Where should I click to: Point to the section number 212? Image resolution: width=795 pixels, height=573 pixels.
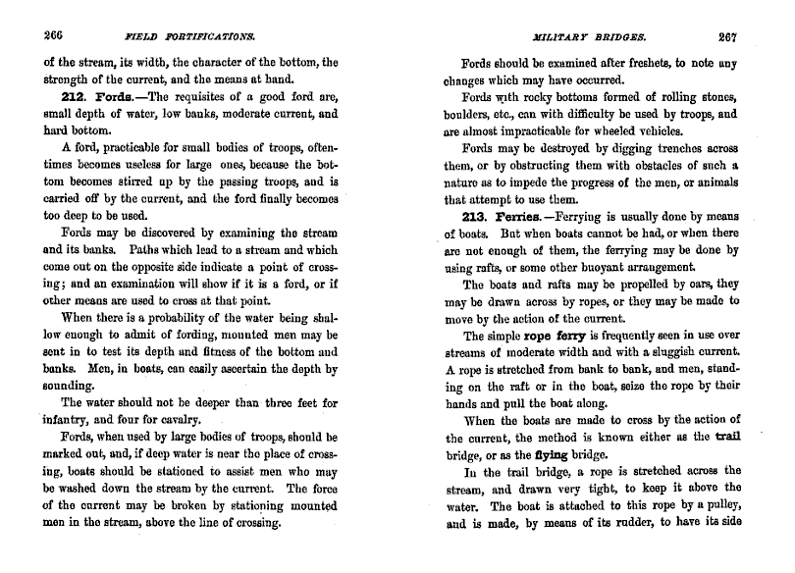coord(76,100)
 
